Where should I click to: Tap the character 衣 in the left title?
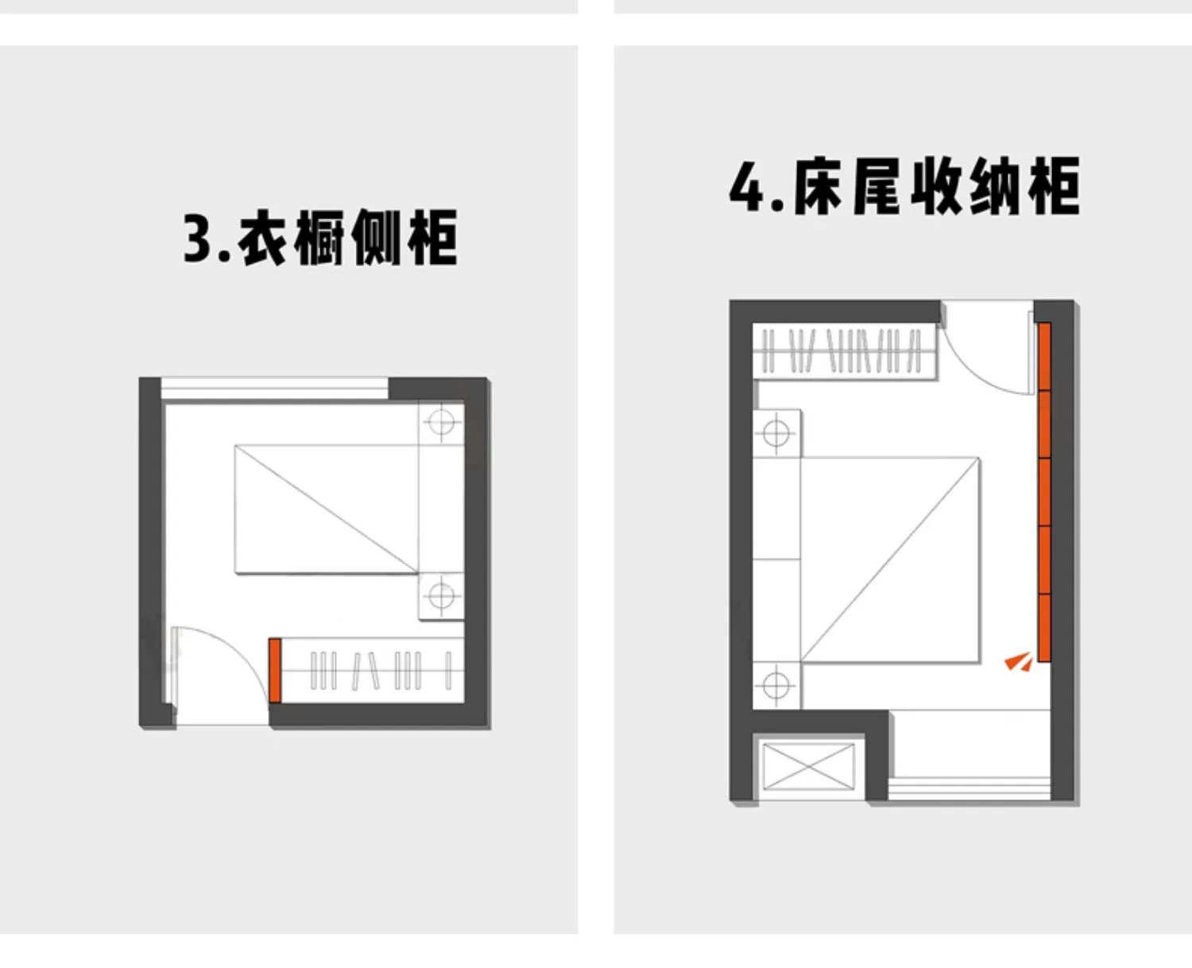262,238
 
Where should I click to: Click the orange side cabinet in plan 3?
275,670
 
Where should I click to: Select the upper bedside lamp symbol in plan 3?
442,421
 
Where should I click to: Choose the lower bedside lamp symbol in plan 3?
442,595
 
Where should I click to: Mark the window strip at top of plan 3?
274,389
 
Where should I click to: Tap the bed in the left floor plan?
326,509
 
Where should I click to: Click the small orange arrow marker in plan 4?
1018,661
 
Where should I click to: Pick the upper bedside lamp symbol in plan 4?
776,434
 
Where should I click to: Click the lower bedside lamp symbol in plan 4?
776,684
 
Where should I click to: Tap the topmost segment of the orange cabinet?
1045,356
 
